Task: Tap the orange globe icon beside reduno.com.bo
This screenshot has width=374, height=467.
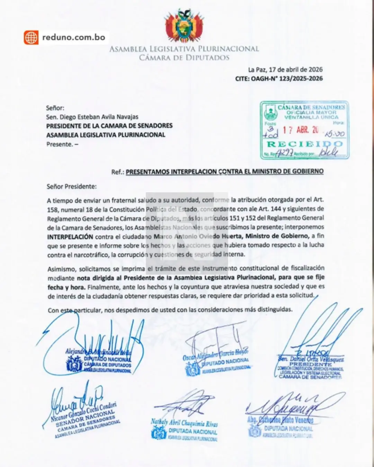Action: pos(31,37)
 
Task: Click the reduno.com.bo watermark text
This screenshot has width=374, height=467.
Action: pos(73,37)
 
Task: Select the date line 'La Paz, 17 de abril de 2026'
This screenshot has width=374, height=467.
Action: pos(285,70)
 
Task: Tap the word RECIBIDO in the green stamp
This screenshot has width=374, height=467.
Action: pos(304,144)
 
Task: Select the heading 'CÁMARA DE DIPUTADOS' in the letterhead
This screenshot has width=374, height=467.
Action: pos(184,58)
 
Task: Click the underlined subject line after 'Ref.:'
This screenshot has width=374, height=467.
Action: pos(224,171)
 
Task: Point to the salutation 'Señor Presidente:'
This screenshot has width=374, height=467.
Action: pos(72,186)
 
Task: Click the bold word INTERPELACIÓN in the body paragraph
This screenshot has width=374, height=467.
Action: pos(70,237)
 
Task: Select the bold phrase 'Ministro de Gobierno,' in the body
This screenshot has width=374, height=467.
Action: pos(277,236)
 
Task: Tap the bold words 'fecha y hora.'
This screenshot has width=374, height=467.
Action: pos(66,287)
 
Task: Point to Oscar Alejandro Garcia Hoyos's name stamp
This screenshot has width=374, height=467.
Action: pos(216,362)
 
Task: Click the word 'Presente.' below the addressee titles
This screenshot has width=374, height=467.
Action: pos(59,144)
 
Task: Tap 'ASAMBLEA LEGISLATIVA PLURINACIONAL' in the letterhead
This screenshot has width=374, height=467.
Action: pos(184,49)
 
